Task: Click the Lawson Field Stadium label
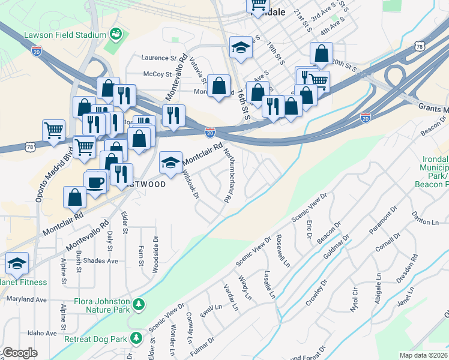64,35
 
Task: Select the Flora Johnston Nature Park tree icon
139,305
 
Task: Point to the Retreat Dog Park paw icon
136,338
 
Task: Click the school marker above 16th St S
241,47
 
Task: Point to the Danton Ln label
426,222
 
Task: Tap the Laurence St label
158,58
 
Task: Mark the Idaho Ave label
29,333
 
